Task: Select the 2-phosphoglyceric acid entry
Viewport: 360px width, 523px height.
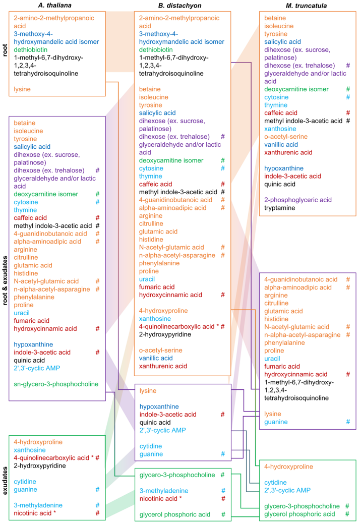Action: tap(297, 200)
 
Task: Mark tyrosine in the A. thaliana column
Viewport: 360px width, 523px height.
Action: tap(26, 139)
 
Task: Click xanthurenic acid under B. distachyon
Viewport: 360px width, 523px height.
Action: tap(163, 366)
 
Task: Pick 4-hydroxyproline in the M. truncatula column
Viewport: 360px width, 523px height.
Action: tap(289, 467)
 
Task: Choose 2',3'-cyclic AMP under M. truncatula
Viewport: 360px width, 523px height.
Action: tap(288, 490)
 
